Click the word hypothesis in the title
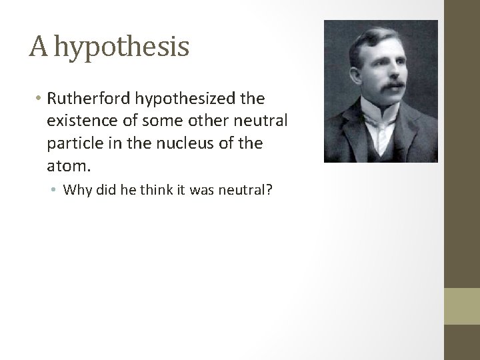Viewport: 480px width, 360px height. click(122, 47)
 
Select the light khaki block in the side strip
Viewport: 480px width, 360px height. click(463, 306)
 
